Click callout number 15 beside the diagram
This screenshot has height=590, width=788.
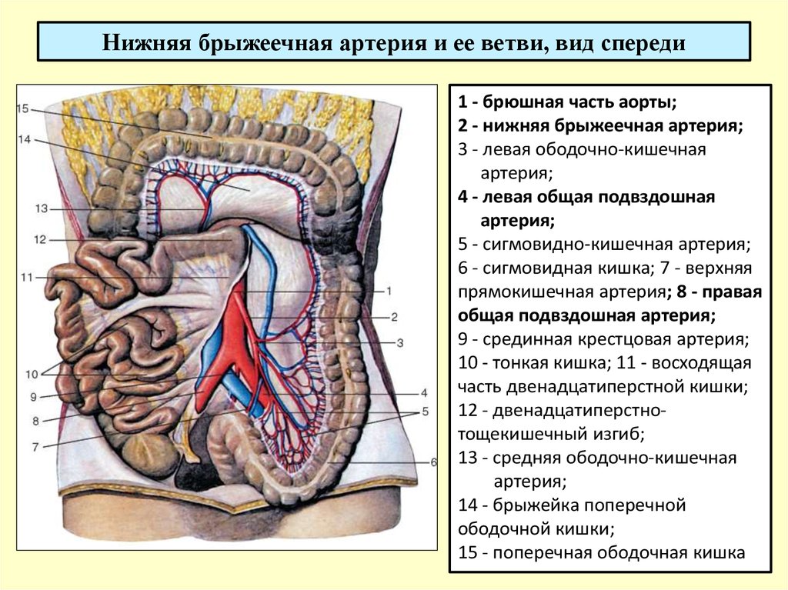(23, 108)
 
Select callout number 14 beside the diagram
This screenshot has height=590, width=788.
(24, 139)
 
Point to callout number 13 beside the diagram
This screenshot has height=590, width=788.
(42, 208)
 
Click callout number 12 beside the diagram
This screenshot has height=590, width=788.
(40, 240)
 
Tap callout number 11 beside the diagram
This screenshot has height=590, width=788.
(27, 277)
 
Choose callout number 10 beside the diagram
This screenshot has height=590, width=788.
(32, 374)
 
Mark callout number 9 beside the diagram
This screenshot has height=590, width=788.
(33, 397)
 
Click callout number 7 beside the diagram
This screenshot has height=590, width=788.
(35, 446)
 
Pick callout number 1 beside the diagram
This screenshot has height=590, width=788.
(389, 291)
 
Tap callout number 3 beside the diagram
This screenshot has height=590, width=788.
(400, 343)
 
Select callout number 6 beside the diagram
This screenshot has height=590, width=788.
(434, 462)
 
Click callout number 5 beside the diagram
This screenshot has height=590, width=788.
(425, 412)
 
